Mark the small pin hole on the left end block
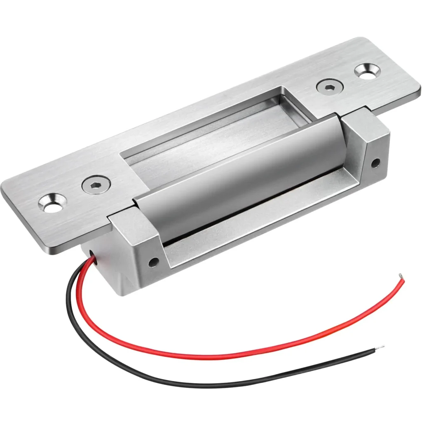point(154,261)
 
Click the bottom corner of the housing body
point(120,293)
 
